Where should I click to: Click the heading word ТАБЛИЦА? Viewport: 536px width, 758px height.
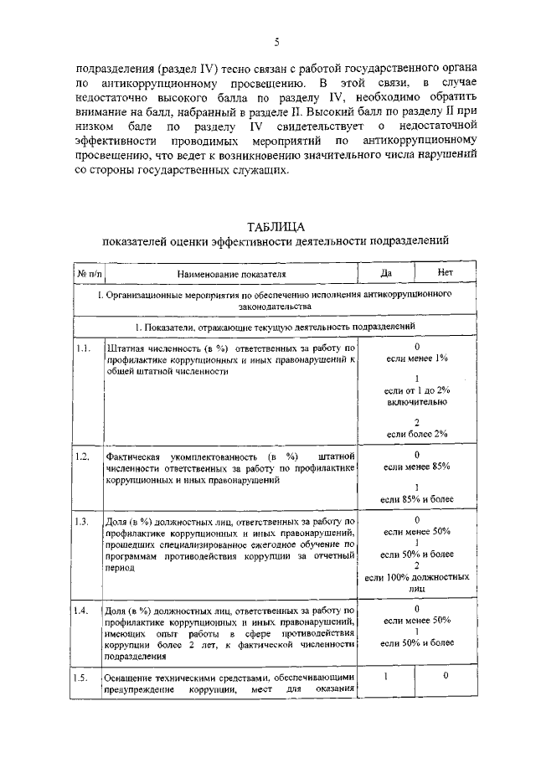(x=276, y=227)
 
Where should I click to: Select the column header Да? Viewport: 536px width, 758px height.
(x=386, y=274)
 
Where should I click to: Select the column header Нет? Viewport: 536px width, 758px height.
(x=446, y=274)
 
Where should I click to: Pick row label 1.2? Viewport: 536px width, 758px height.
(x=82, y=456)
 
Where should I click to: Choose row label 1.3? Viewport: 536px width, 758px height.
(x=82, y=522)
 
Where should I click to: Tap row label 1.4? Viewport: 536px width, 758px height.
(x=82, y=609)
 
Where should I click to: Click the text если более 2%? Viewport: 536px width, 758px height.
(x=416, y=433)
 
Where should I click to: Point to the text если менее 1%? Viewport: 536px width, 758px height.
(x=416, y=358)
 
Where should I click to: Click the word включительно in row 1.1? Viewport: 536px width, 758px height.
(x=416, y=401)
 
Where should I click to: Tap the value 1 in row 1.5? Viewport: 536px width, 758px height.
(x=386, y=676)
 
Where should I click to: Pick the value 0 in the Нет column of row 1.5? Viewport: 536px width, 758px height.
(x=446, y=676)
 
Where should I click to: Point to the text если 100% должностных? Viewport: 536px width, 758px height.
(x=416, y=577)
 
